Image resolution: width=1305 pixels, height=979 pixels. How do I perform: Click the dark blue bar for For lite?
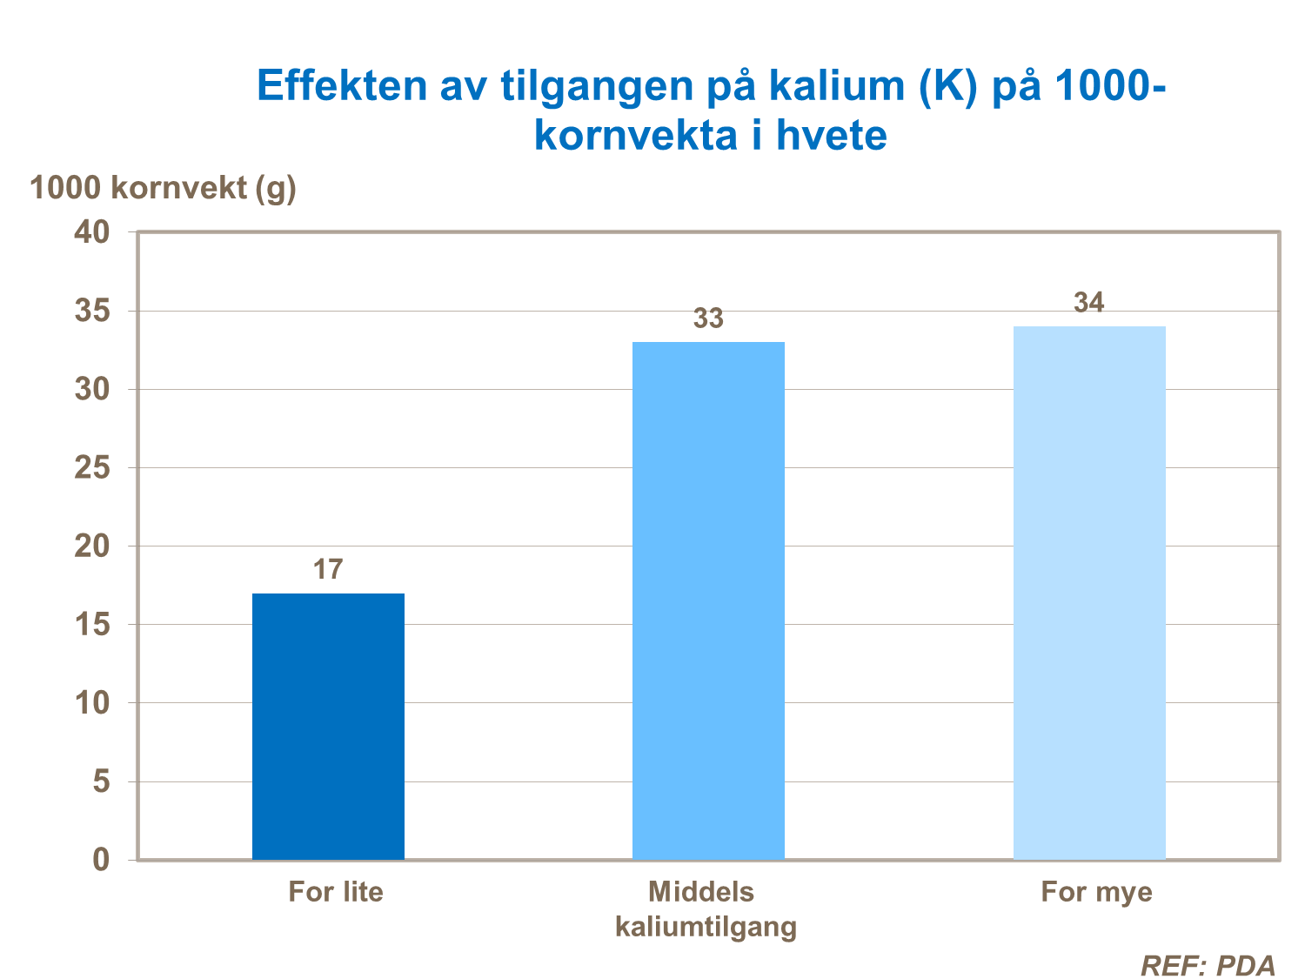click(328, 727)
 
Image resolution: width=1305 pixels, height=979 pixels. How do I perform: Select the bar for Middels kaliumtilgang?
click(708, 600)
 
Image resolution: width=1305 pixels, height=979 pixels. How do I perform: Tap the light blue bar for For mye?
click(1089, 593)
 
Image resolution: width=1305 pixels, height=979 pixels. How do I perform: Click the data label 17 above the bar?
click(328, 570)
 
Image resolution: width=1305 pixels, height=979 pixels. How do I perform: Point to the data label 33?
click(708, 319)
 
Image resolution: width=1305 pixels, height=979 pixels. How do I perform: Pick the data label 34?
click(1089, 303)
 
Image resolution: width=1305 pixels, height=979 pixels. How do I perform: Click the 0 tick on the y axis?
click(102, 860)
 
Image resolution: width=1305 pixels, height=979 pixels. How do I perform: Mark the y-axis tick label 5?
click(102, 781)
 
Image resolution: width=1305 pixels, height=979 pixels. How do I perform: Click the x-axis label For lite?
click(336, 892)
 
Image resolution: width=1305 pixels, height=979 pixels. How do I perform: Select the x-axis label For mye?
click(1096, 892)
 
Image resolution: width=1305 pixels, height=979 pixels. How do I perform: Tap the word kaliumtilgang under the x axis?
click(706, 927)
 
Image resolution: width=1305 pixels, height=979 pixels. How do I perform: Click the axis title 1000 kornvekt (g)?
click(164, 188)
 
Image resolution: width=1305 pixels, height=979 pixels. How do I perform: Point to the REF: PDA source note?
click(1208, 966)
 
